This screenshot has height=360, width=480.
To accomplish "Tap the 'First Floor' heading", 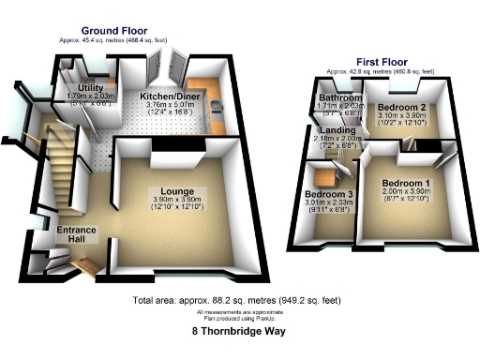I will point(380,62).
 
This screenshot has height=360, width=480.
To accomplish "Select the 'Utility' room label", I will point(91,88).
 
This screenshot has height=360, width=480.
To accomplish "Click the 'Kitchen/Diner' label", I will point(169,97).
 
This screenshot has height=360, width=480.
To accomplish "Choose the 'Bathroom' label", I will point(339,97).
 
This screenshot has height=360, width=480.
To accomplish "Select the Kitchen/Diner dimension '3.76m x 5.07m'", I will point(169,106).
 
